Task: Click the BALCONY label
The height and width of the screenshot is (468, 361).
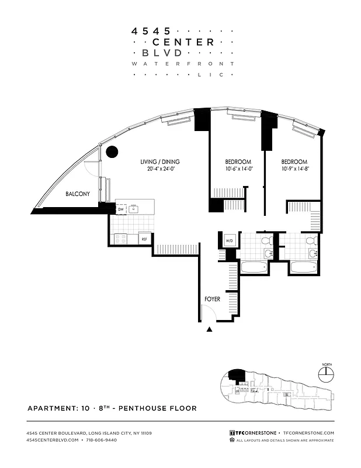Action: (77, 194)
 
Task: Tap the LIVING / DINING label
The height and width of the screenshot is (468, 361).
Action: (159, 162)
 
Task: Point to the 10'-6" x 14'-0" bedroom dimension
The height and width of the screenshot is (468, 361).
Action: (238, 169)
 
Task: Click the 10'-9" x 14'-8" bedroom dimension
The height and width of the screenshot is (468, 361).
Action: (294, 169)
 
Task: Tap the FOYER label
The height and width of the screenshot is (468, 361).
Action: (212, 299)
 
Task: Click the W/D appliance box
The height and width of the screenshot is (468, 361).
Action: (229, 240)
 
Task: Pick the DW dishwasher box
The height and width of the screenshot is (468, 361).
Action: (121, 209)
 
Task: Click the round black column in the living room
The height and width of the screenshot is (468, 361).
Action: (111, 152)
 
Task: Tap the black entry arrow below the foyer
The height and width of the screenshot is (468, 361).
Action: (210, 331)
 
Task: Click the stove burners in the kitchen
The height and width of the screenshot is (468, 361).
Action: (122, 238)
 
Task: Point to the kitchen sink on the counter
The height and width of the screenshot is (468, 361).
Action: (135, 209)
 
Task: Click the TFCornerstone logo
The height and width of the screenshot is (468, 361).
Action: (253, 433)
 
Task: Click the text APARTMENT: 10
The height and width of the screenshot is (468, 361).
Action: (59, 408)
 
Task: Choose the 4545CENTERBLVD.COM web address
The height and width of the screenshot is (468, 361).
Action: (52, 439)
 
